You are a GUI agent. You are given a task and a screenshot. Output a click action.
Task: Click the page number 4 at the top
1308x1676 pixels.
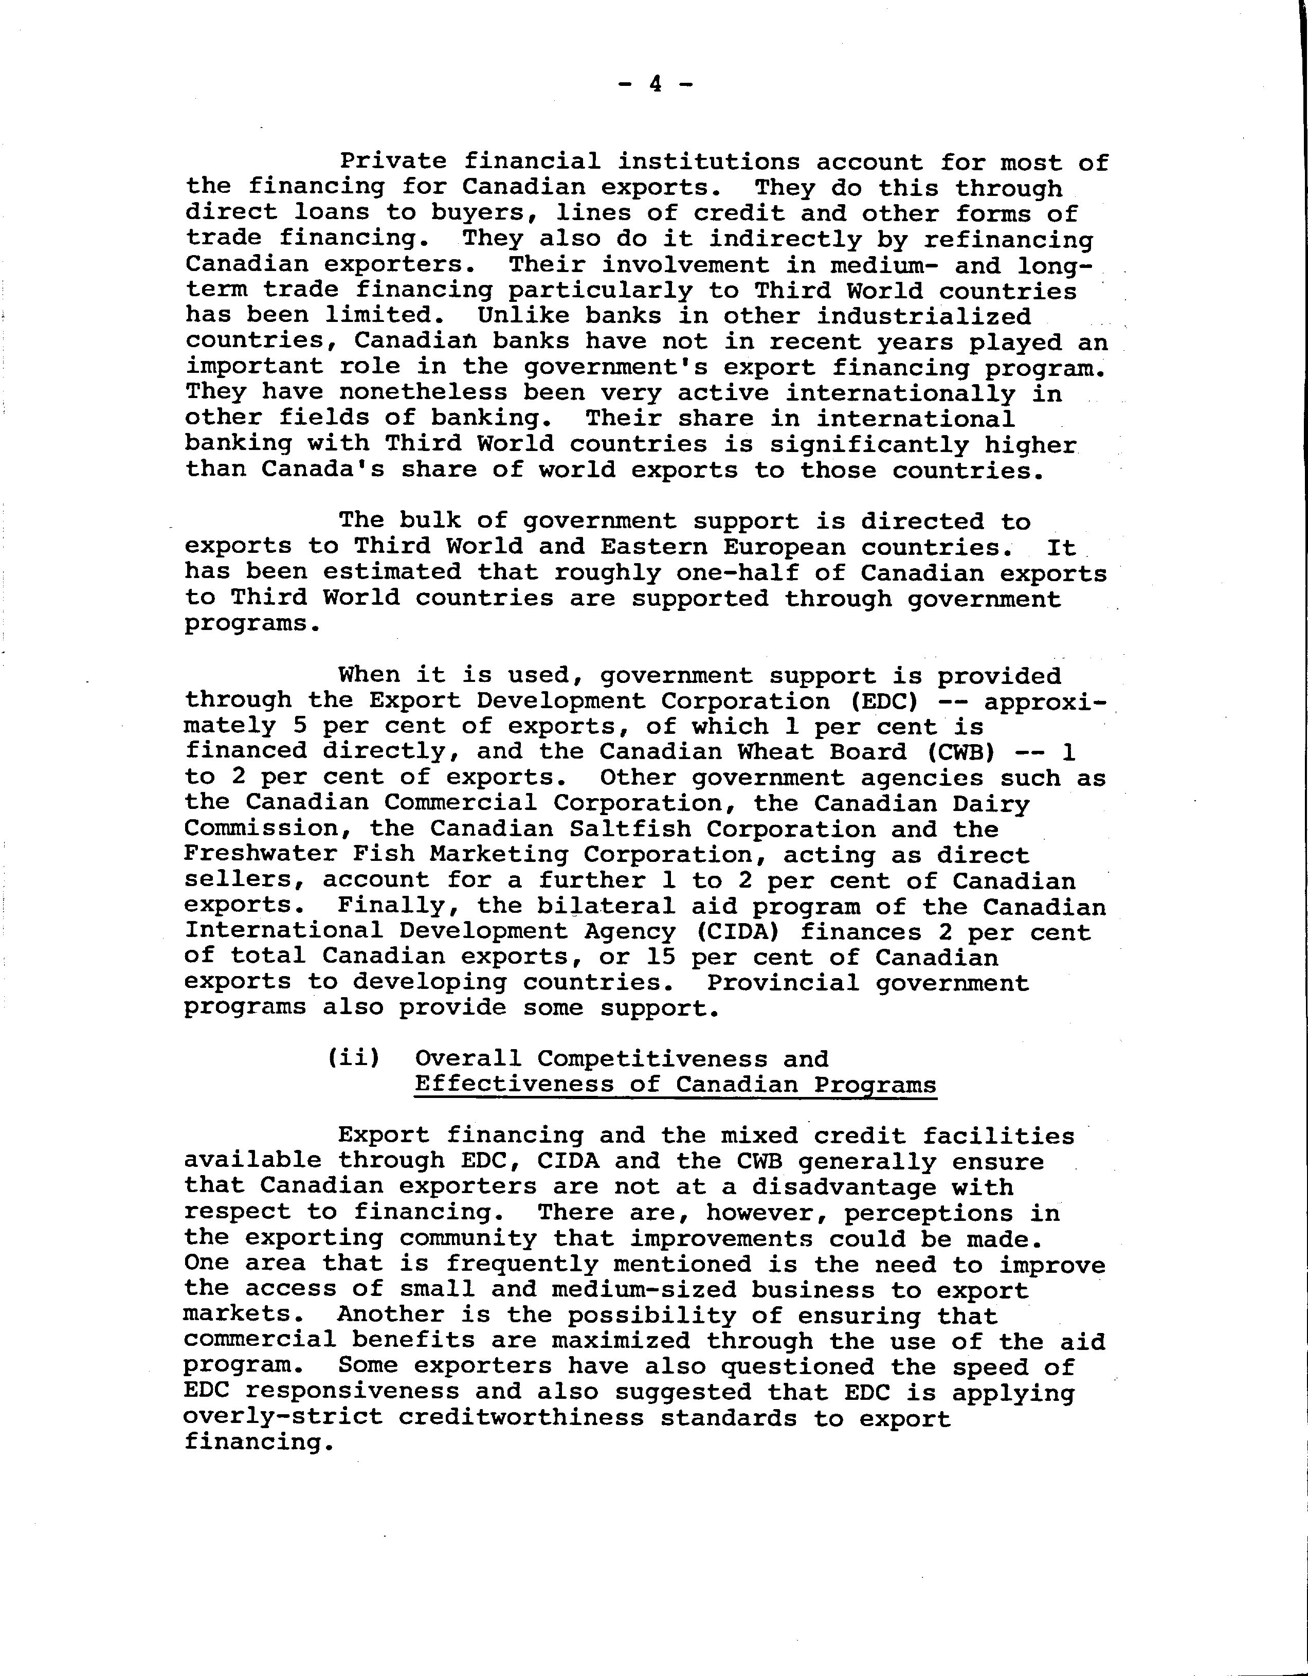[655, 84]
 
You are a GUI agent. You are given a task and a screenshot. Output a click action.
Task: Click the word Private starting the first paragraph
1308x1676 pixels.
[393, 162]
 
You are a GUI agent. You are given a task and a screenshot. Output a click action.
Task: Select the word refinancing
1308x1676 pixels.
[1008, 240]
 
